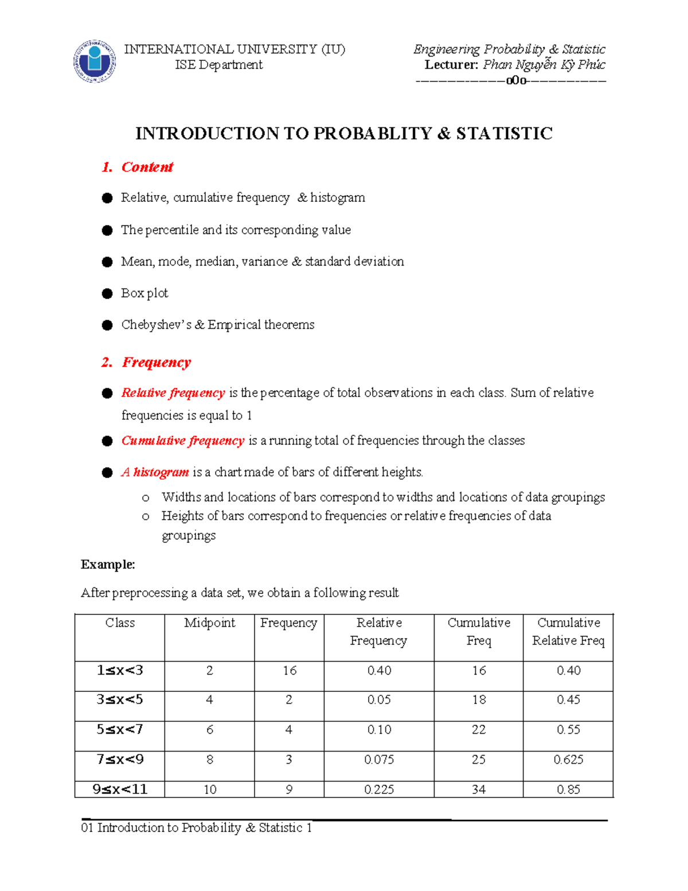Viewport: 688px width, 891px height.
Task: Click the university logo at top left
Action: (95, 61)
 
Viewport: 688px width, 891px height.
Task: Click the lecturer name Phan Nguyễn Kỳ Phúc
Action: (544, 65)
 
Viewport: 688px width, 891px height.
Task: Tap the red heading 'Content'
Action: (147, 167)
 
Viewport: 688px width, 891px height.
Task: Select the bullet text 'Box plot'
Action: (144, 293)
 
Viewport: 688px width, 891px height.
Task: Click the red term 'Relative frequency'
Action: (173, 393)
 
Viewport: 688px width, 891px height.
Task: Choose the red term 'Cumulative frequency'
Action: (182, 441)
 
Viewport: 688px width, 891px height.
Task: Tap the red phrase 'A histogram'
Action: (155, 472)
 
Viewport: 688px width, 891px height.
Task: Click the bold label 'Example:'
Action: (108, 565)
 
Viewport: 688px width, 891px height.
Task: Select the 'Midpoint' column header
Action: (209, 623)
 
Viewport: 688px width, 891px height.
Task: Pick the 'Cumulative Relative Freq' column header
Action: (568, 632)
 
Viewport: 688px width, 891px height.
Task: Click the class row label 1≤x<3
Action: (120, 670)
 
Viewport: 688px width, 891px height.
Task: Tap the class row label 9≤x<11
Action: (120, 789)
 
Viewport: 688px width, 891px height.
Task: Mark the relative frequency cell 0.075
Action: (379, 760)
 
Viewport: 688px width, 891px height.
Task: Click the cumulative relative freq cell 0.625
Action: (568, 760)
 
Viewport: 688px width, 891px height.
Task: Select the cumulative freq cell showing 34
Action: (479, 789)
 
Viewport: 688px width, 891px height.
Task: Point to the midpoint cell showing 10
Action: (210, 789)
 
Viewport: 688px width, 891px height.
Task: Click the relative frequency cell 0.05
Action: (379, 700)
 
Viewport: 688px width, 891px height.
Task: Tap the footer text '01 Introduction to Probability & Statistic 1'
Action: (197, 828)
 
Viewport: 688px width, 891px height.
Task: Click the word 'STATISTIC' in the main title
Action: (504, 134)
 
